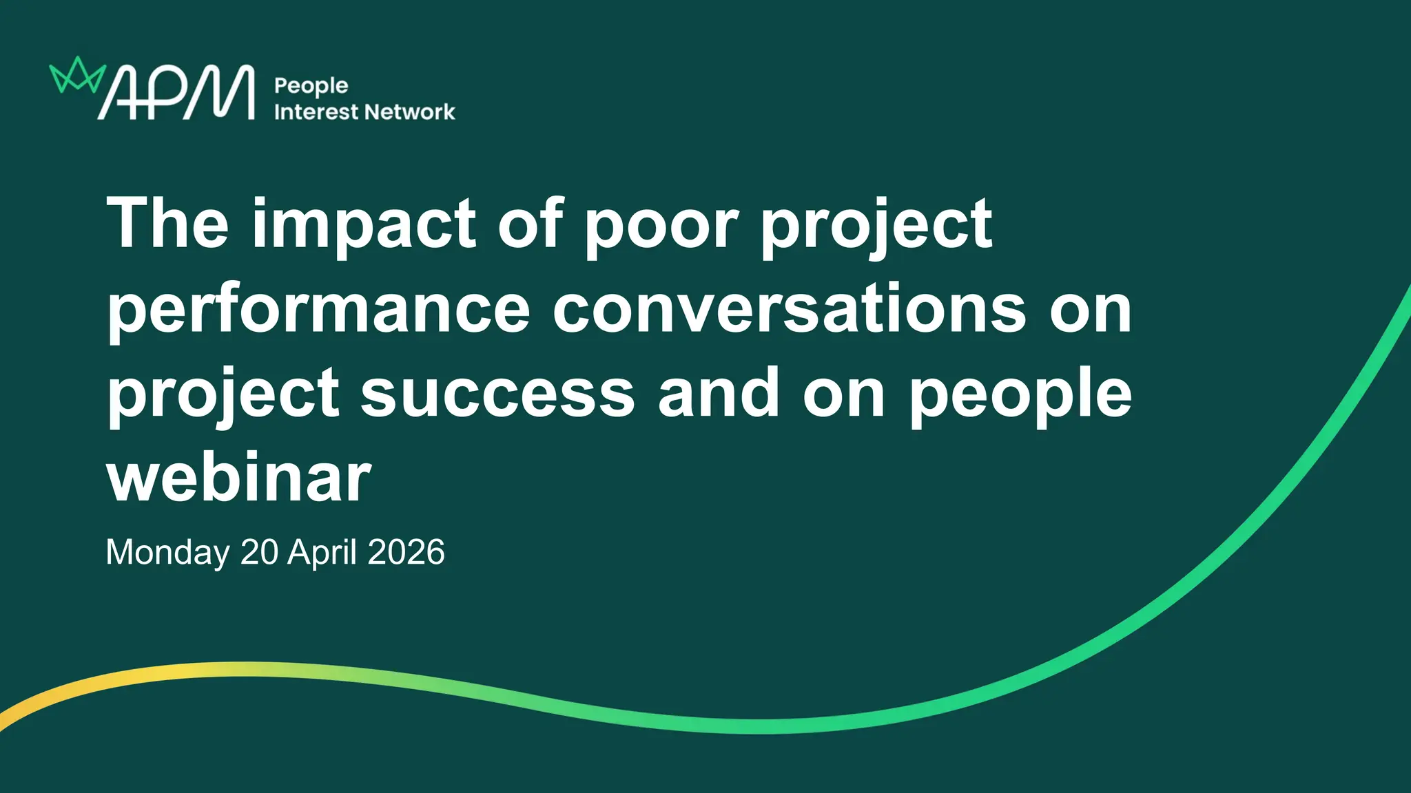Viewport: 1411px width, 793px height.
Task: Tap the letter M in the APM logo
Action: click(x=220, y=92)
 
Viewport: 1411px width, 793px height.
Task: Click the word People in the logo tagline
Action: click(x=311, y=87)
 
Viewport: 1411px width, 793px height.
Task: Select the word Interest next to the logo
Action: click(x=316, y=112)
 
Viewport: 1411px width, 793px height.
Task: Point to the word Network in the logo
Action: click(x=410, y=112)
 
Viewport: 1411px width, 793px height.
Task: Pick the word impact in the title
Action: click(x=364, y=228)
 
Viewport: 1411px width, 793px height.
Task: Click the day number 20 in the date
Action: click(x=259, y=552)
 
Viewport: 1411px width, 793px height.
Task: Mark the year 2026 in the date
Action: click(x=406, y=552)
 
